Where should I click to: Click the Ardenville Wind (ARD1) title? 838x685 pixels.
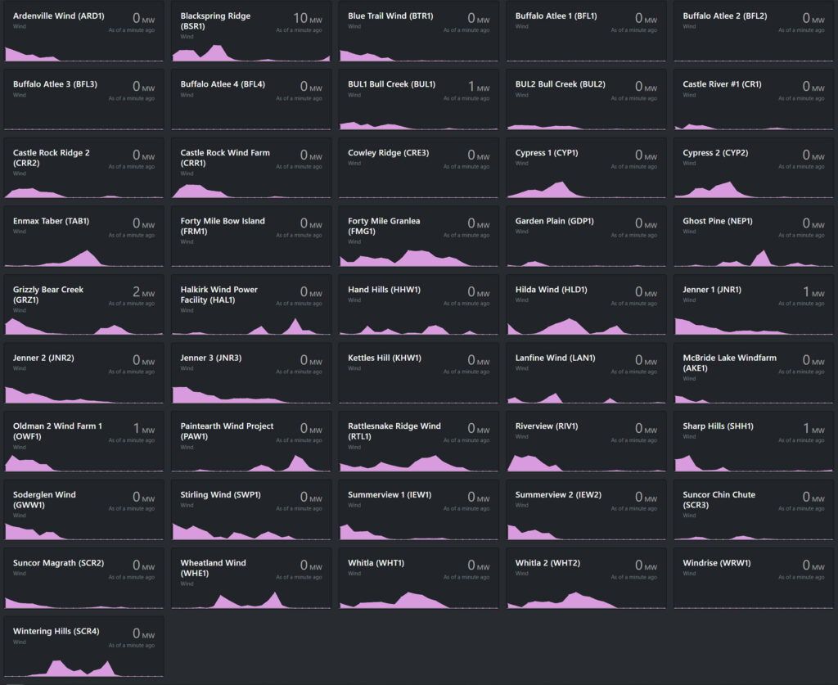(59, 16)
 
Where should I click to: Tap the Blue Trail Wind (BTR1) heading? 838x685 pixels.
(390, 16)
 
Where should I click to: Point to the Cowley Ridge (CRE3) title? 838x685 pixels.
(388, 152)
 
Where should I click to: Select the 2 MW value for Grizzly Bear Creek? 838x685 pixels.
(142, 292)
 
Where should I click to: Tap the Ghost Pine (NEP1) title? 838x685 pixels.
(718, 221)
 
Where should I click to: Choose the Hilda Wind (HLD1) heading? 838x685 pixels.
(551, 289)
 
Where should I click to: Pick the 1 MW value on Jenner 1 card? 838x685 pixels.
(811, 292)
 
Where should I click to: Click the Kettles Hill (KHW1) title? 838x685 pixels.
(385, 358)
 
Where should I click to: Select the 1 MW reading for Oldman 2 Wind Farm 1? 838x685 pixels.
(142, 429)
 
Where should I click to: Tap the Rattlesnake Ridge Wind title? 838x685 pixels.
(394, 426)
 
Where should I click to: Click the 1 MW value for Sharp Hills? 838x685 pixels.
(811, 429)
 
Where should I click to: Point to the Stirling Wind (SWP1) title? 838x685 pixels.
(221, 494)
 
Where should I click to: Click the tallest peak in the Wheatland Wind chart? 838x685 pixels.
(276, 593)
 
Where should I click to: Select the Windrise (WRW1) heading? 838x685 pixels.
(717, 562)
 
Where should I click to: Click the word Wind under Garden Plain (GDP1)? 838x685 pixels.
(520, 232)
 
